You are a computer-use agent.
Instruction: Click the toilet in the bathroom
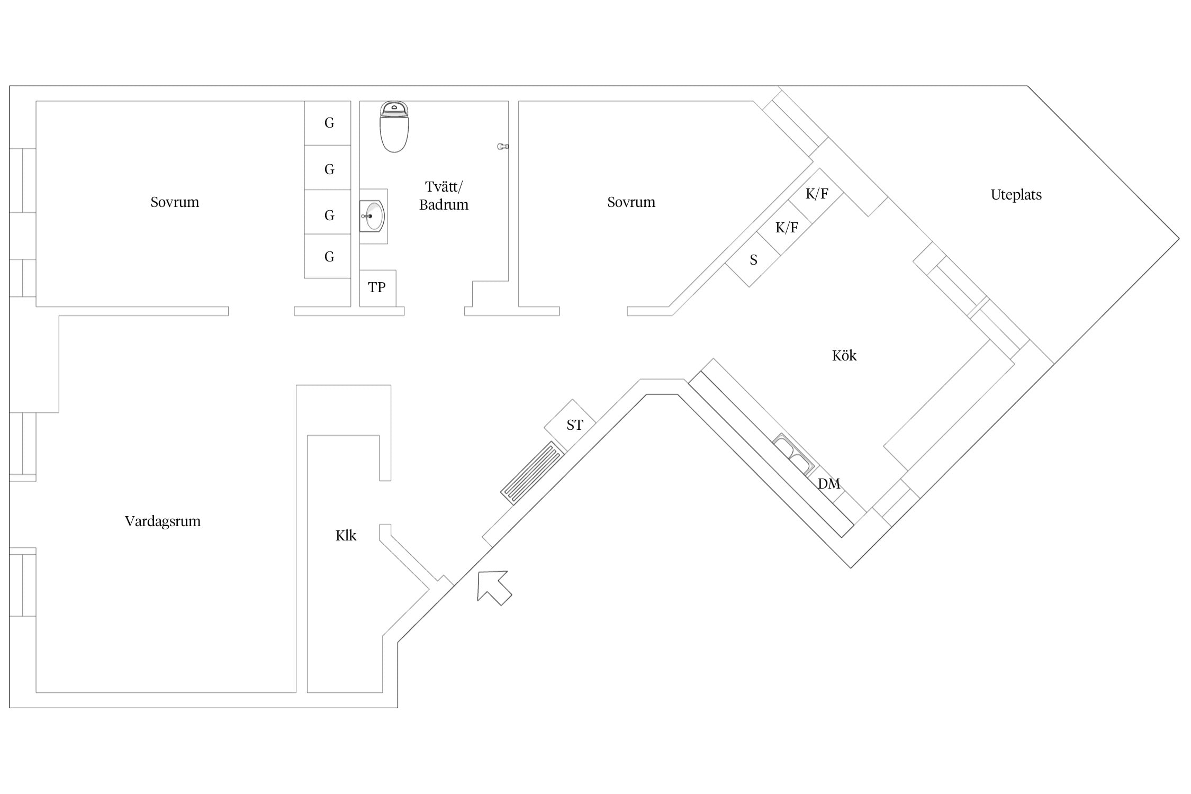394,127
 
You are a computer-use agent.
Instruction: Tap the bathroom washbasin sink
373,216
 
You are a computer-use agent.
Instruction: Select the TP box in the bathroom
377,288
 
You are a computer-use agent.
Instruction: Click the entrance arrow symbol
493,587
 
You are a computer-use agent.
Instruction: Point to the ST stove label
575,425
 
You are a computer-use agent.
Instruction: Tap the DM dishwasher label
829,484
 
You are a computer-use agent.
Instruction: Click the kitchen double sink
793,454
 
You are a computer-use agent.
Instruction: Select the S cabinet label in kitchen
753,260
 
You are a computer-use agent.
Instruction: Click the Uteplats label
1016,195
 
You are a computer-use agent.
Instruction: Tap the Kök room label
844,355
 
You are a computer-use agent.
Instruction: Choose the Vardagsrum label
163,521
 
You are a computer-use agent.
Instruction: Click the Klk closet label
346,536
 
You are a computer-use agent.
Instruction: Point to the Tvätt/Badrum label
444,196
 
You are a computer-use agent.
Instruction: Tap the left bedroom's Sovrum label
175,202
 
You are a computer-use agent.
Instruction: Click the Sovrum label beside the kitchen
631,202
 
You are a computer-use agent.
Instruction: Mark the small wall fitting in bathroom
503,147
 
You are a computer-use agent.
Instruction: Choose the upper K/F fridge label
817,194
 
